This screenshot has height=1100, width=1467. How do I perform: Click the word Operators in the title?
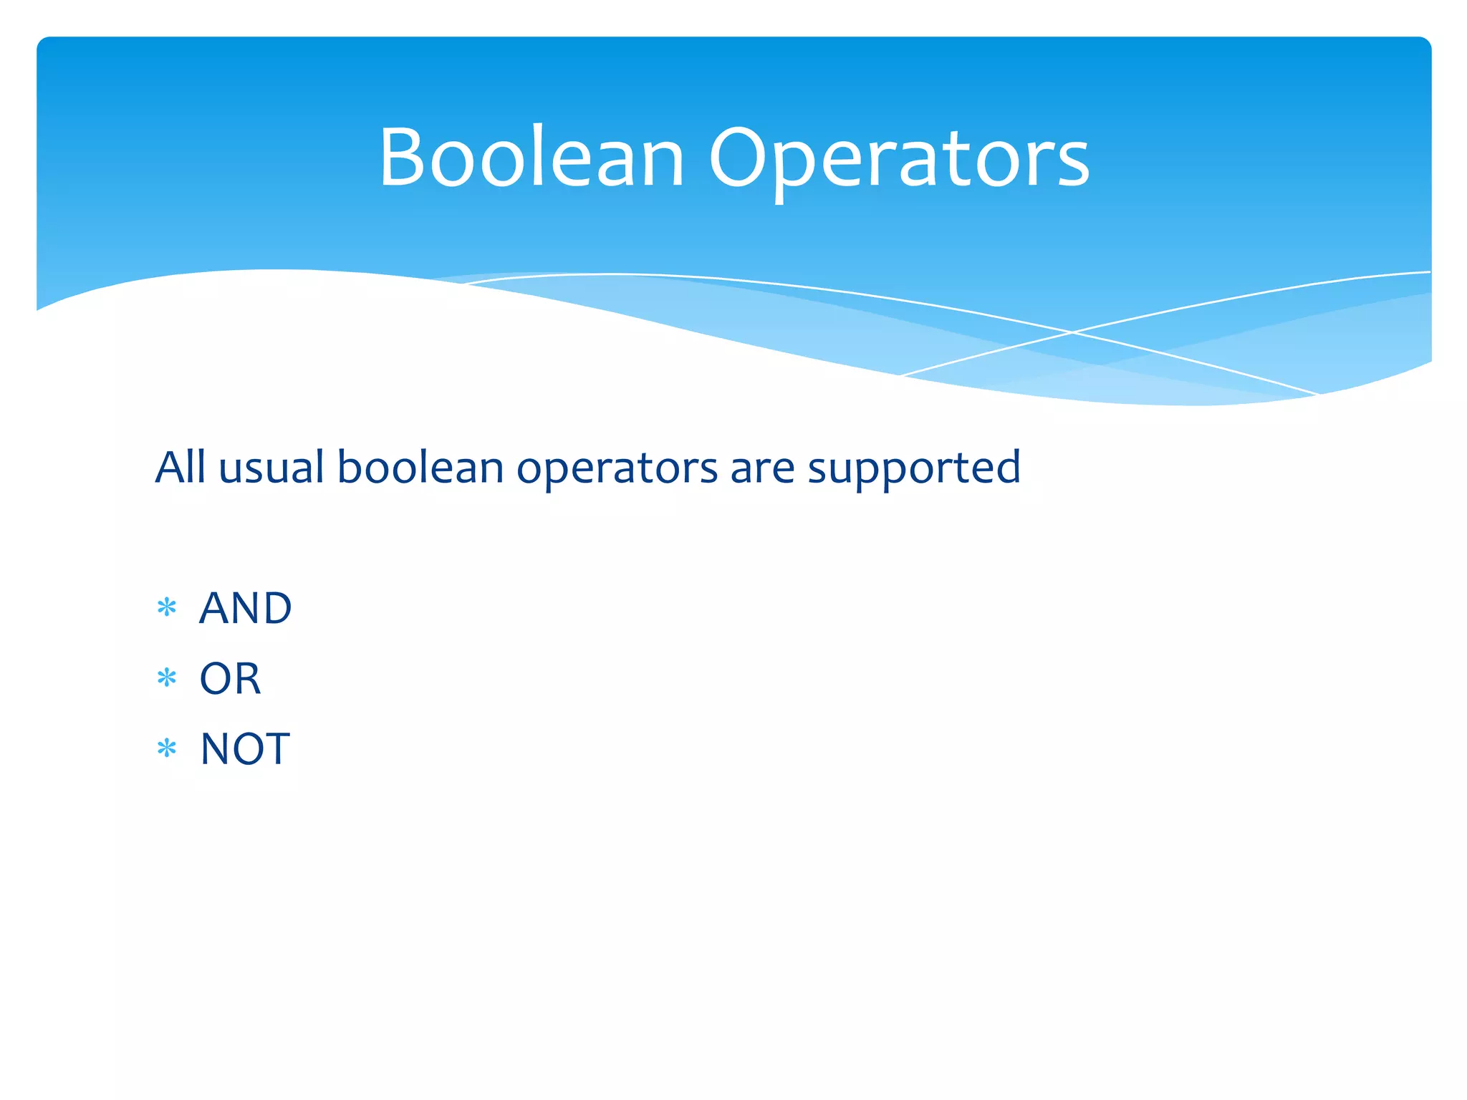(x=899, y=158)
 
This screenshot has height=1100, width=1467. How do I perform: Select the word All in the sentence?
(x=181, y=467)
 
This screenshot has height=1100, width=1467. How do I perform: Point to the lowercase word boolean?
(x=420, y=467)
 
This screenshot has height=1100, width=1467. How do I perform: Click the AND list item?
(x=245, y=609)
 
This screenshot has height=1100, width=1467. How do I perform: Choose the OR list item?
(x=230, y=679)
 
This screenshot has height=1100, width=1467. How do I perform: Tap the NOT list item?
(x=245, y=749)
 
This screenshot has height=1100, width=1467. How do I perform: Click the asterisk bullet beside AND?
(x=167, y=608)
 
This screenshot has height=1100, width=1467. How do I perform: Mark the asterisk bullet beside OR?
(x=167, y=678)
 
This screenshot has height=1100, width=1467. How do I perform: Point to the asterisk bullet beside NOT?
(x=167, y=749)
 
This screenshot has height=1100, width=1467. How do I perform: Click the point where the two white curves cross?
(x=1072, y=332)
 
